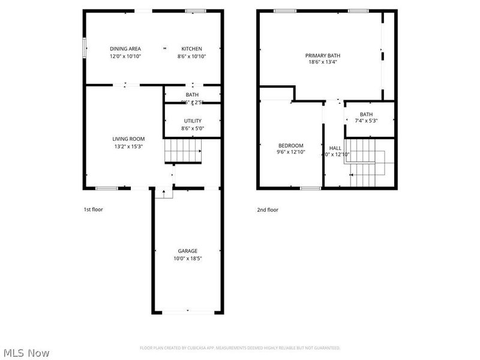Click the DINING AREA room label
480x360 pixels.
tap(125, 49)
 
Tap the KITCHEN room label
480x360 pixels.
tap(192, 49)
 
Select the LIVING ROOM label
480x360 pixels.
tap(128, 139)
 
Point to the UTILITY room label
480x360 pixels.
tap(193, 121)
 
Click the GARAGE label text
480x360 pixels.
tap(187, 251)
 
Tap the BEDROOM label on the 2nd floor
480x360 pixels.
tap(291, 145)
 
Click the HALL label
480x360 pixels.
tap(335, 148)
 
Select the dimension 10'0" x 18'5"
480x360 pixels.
tap(187, 259)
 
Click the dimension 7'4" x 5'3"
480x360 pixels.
tap(366, 121)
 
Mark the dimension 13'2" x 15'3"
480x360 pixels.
tap(128, 146)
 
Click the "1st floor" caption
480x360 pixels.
tap(94, 209)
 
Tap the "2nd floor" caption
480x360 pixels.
tap(268, 209)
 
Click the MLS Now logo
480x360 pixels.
tap(26, 353)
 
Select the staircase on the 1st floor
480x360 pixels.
tap(183, 150)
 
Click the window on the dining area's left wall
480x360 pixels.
tap(84, 48)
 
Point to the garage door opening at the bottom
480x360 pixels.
tap(187, 312)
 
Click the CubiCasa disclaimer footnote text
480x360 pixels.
tap(240, 347)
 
